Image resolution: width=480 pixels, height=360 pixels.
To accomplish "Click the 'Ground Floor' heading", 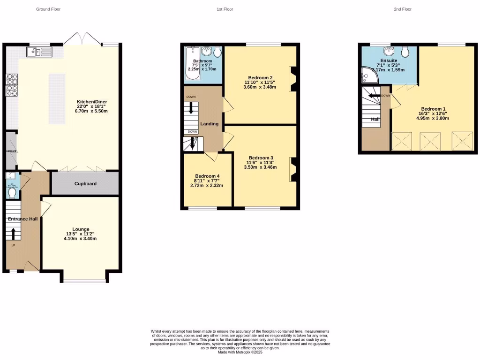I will coord(48,9).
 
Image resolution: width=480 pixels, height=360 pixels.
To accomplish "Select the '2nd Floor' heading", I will coord(403,9).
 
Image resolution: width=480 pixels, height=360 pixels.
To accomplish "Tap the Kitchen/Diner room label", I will coord(92,101).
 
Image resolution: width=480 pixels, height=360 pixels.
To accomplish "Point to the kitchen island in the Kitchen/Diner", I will coord(57,98).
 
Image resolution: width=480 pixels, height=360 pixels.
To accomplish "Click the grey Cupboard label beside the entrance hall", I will coord(85,183).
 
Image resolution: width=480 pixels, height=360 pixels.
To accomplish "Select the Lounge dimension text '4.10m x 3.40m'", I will coord(81,239).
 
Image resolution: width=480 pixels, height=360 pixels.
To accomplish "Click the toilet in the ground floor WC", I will coord(12,192).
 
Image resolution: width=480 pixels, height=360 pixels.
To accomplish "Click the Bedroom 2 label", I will coord(261,78).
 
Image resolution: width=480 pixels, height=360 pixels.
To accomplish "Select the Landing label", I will coord(209,124).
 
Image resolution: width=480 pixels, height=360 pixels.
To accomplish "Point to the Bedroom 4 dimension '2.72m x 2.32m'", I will coord(207,185).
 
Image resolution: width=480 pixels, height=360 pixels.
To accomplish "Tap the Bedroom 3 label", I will coord(261,157).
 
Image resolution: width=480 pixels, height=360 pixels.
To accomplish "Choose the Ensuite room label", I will coord(389,60).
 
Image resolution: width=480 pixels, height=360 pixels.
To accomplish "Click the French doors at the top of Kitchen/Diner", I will coord(82,39).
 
